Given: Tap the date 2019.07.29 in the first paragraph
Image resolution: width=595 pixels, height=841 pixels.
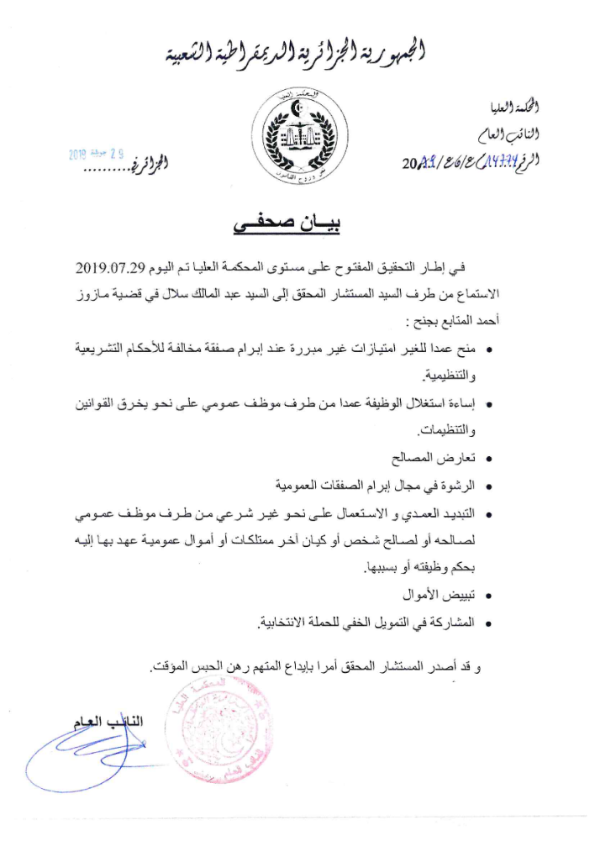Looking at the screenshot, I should click(x=113, y=270).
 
